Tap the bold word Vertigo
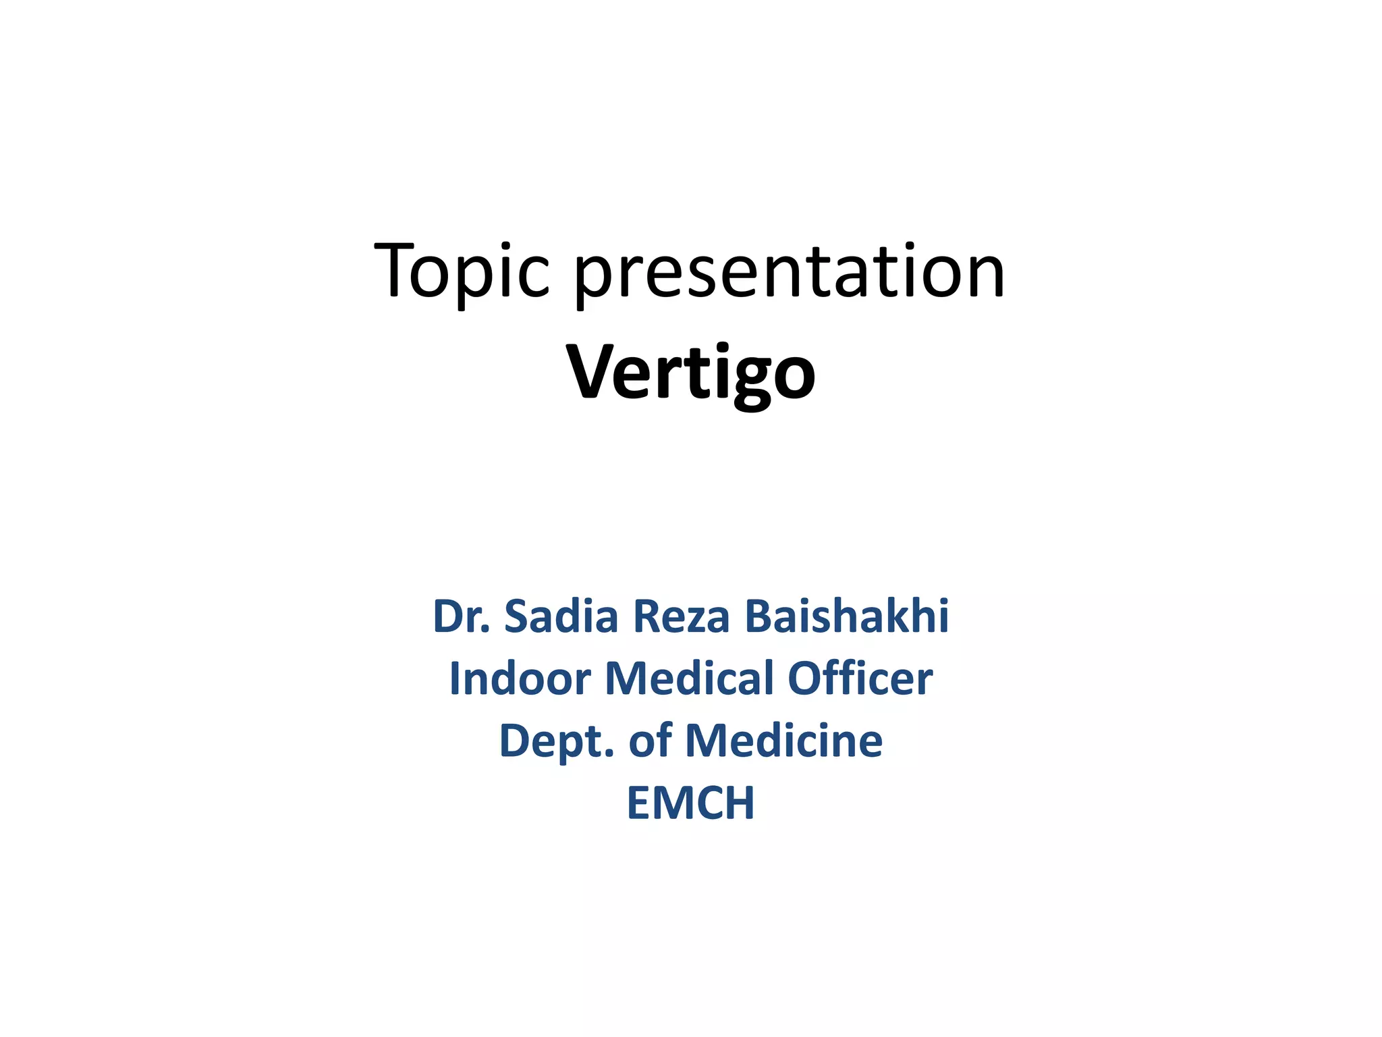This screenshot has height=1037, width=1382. [691, 373]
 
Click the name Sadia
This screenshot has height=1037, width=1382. [561, 616]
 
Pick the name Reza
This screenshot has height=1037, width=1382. [682, 616]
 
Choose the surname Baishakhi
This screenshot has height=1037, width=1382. [847, 616]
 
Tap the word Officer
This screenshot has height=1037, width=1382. [860, 679]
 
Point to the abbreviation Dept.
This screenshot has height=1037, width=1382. [557, 741]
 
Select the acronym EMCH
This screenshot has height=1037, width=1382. [691, 803]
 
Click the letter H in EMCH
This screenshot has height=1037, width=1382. [738, 803]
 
